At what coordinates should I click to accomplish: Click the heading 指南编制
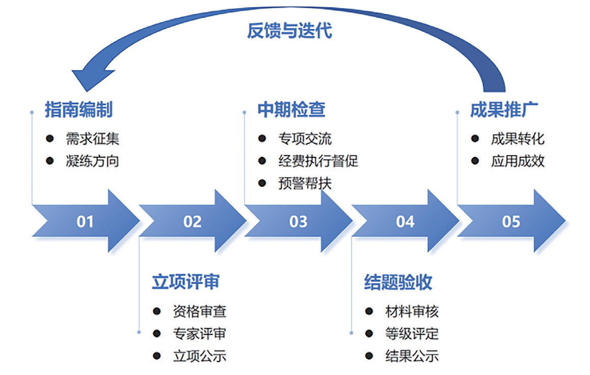[78, 110]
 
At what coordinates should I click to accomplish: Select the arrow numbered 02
[192, 221]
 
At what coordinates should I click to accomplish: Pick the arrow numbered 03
[298, 221]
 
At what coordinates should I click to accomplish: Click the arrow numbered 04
[405, 221]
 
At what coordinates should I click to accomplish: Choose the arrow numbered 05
[511, 221]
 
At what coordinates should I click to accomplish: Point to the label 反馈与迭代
[289, 31]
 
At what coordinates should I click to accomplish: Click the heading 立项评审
[185, 282]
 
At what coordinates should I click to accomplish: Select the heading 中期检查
[291, 110]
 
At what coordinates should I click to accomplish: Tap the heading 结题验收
[398, 282]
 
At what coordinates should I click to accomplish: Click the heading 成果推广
[504, 110]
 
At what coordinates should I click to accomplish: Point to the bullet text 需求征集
[92, 138]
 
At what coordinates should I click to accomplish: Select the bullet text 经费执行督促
[318, 161]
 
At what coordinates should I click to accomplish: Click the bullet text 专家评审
[199, 333]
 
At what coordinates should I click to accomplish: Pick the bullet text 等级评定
[412, 333]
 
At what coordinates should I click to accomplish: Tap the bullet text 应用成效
[518, 161]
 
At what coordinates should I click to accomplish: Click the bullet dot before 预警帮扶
[262, 183]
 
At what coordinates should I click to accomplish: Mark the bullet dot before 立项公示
[156, 356]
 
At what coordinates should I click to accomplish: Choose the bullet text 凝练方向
[92, 161]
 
